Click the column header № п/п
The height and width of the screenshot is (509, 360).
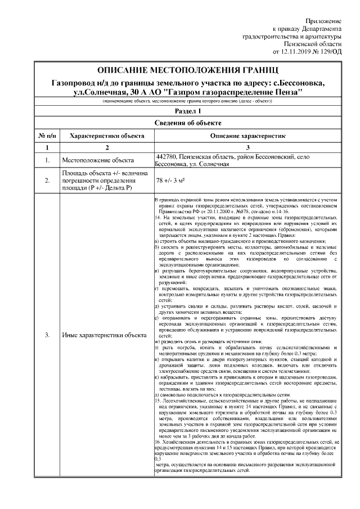47,136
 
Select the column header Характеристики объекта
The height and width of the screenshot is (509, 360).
106,136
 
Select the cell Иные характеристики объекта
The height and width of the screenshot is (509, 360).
100,335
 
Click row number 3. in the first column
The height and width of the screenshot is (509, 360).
47,335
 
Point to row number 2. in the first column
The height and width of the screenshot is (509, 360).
47,181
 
